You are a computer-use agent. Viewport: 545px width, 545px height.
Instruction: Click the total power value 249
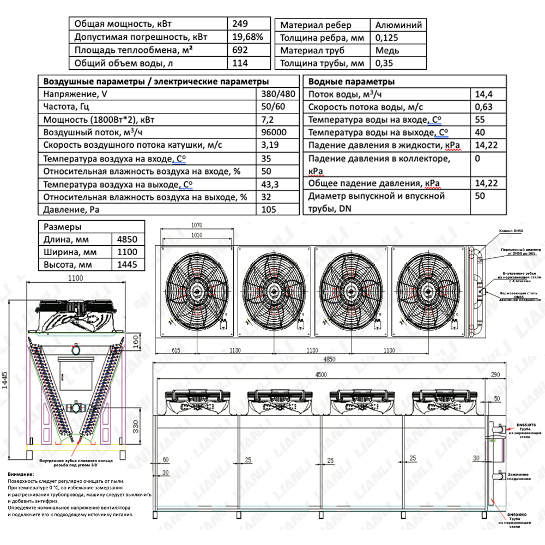click(x=240, y=24)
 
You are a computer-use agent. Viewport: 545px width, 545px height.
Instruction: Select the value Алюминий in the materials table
click(x=398, y=25)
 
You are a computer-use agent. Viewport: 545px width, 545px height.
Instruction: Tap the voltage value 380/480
click(x=278, y=93)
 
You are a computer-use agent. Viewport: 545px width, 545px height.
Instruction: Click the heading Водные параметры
click(x=351, y=82)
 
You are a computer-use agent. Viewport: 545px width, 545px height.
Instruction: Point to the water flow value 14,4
click(x=482, y=94)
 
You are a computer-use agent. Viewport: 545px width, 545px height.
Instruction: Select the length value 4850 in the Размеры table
click(x=128, y=239)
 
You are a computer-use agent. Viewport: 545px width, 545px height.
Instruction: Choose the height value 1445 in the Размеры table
click(x=128, y=265)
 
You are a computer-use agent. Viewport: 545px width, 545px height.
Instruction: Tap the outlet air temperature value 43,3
click(x=270, y=184)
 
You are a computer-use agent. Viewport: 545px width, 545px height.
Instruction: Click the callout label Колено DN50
click(x=512, y=231)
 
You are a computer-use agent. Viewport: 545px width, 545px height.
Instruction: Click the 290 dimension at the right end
click(x=495, y=374)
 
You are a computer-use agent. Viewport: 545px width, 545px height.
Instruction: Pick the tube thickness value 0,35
click(x=386, y=63)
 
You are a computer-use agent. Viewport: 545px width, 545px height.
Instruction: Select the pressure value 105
click(x=269, y=210)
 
